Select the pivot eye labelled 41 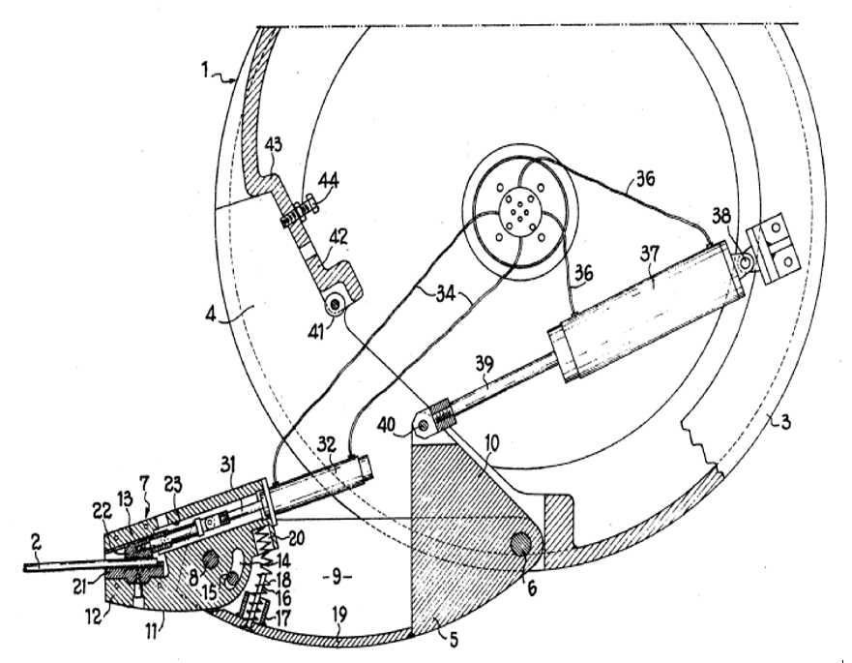[335, 307]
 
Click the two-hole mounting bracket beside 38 [779, 251]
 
